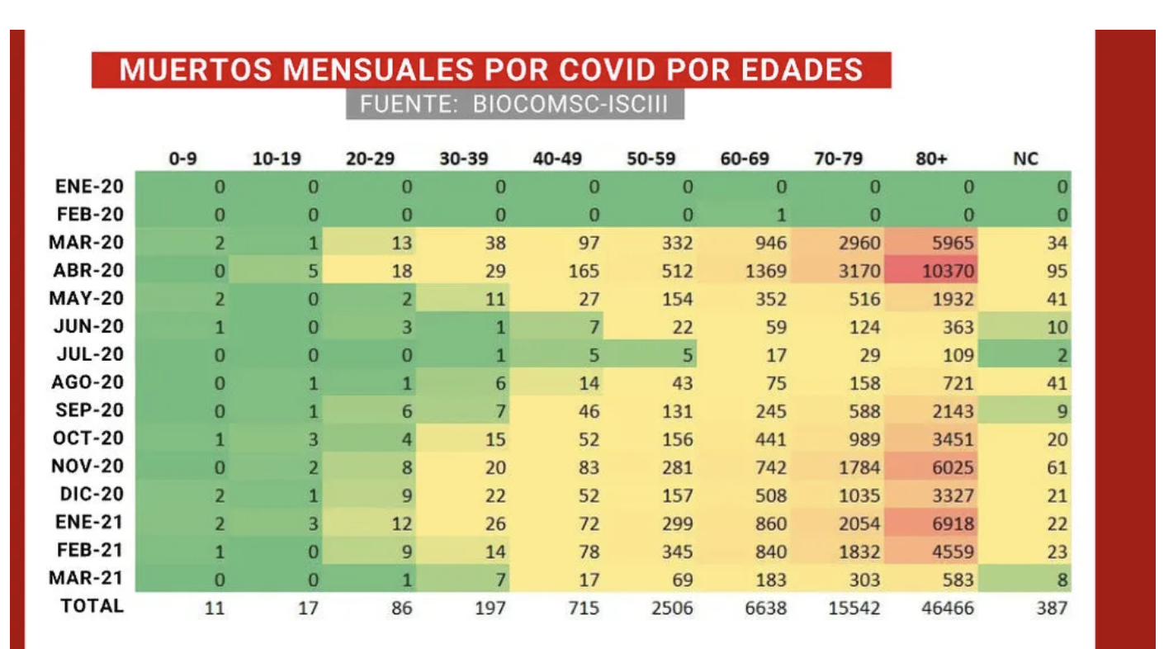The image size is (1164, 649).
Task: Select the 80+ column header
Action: [930, 159]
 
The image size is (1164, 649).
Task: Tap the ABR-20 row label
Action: [89, 270]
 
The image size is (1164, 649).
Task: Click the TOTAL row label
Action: [92, 606]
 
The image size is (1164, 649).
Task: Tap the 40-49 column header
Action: [552, 159]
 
